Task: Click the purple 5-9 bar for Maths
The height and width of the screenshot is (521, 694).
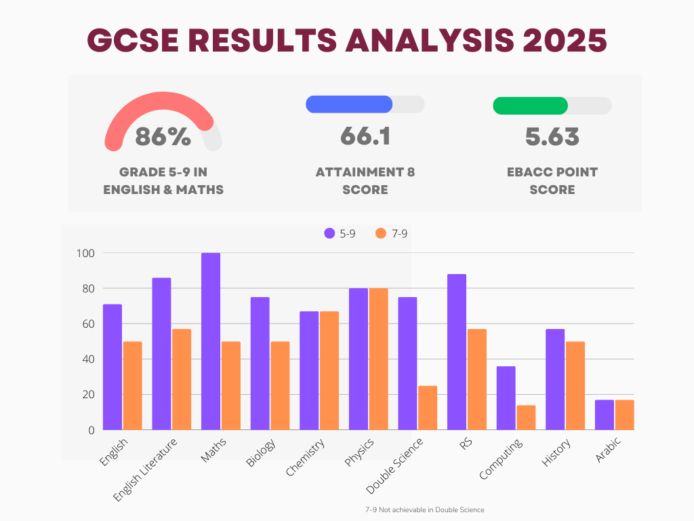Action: point(211,341)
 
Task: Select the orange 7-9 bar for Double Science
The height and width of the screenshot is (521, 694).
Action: point(428,408)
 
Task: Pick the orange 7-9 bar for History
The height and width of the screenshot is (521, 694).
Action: point(575,385)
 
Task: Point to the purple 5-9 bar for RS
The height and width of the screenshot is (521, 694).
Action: point(457,352)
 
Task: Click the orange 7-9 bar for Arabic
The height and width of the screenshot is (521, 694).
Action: point(624,414)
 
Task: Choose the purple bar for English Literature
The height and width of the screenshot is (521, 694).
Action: point(161,353)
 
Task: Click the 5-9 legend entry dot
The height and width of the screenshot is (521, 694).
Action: point(330,233)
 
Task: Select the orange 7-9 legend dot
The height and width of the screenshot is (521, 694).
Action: point(380,233)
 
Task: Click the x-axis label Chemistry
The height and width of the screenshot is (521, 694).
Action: point(306,457)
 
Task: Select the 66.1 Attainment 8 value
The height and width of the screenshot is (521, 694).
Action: point(365,136)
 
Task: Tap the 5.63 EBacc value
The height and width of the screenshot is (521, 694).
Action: point(552,136)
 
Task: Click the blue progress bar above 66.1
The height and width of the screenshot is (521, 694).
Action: point(349,104)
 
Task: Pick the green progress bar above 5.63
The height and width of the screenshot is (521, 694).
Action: point(530,106)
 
